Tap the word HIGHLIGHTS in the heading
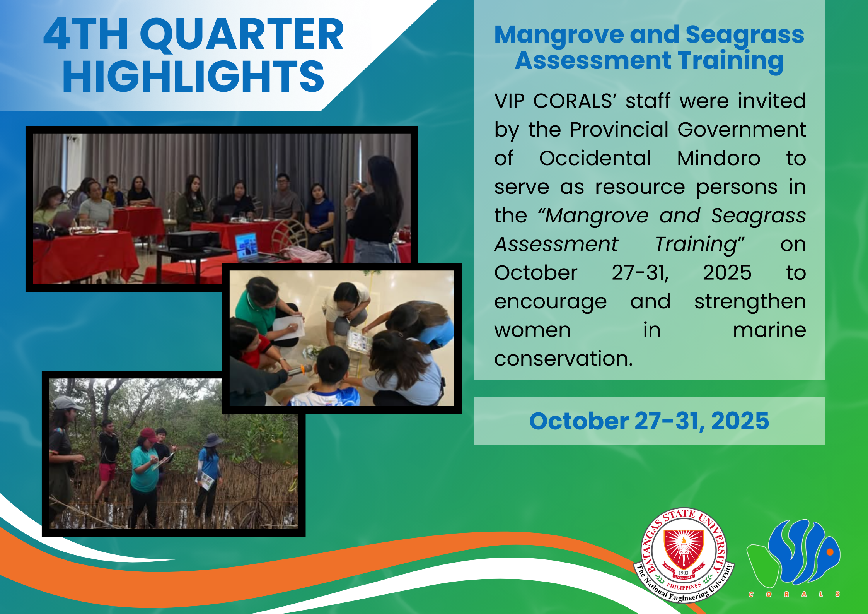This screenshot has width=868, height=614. pyautogui.click(x=193, y=77)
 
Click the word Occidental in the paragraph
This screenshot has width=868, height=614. pyautogui.click(x=595, y=158)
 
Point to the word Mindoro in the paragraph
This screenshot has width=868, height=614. pyautogui.click(x=719, y=158)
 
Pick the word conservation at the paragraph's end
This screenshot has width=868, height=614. pyautogui.click(x=563, y=359)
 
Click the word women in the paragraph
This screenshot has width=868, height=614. pyautogui.click(x=532, y=330)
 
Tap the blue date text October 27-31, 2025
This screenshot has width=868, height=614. pyautogui.click(x=649, y=421)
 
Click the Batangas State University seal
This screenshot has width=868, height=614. pyautogui.click(x=684, y=555)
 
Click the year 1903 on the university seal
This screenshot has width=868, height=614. pyautogui.click(x=684, y=573)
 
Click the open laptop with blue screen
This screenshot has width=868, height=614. pyautogui.click(x=247, y=247)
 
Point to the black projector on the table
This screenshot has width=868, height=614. pyautogui.click(x=193, y=239)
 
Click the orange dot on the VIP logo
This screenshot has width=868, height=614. pyautogui.click(x=829, y=552)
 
